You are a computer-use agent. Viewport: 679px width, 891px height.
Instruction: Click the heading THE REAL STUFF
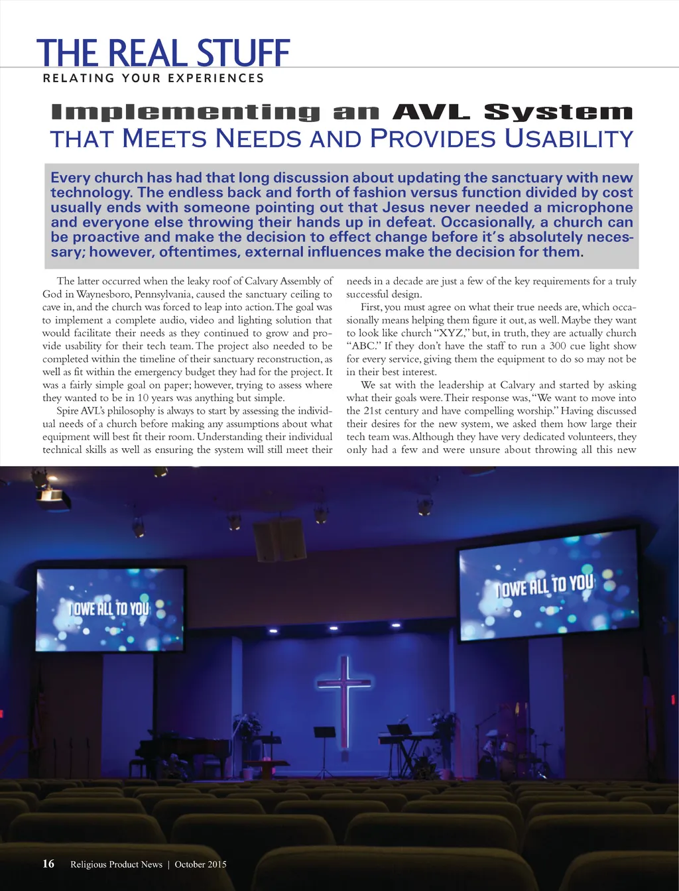point(163,53)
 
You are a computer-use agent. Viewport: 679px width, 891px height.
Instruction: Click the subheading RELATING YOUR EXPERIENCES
point(153,78)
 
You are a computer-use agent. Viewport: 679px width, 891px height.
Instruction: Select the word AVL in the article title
point(431,112)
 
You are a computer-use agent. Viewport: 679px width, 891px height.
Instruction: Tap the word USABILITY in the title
point(569,139)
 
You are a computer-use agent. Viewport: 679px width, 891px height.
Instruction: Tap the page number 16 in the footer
point(48,863)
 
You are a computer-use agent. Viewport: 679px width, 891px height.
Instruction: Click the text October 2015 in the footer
point(200,864)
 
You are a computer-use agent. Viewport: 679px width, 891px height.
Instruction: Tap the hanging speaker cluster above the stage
point(280,538)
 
